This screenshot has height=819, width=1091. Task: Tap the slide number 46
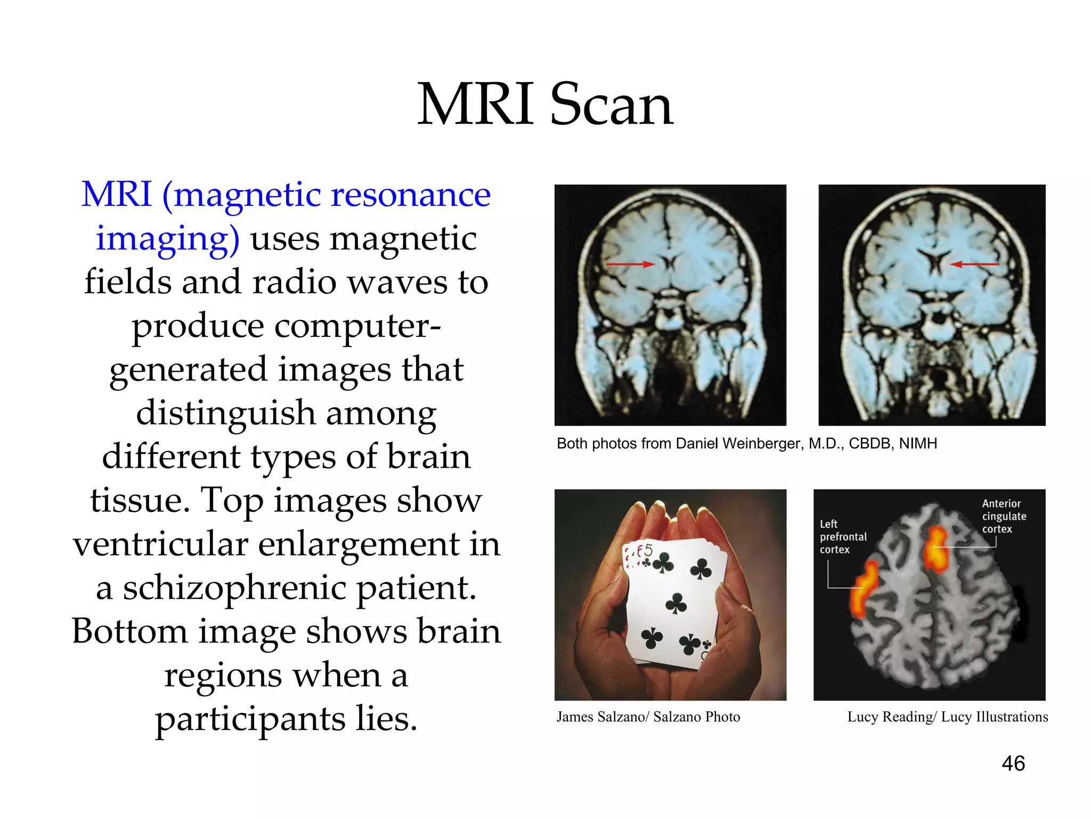click(x=1013, y=764)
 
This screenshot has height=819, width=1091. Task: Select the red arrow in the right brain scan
click(x=974, y=264)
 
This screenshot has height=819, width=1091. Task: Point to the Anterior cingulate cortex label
click(x=1004, y=516)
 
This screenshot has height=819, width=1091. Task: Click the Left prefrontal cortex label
click(x=843, y=536)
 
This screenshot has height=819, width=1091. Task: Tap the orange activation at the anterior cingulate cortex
click(x=935, y=549)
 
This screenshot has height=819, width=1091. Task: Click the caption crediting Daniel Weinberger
click(x=746, y=444)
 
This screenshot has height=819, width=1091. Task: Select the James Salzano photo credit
click(x=648, y=717)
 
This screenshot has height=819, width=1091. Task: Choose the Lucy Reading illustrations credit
click(x=947, y=717)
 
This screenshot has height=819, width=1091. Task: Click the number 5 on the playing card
click(x=648, y=550)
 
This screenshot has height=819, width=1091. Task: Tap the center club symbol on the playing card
click(x=676, y=604)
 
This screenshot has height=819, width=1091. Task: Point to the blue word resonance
click(x=410, y=195)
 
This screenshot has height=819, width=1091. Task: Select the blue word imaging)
click(x=167, y=238)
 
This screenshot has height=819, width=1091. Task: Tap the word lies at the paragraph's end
click(x=386, y=719)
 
